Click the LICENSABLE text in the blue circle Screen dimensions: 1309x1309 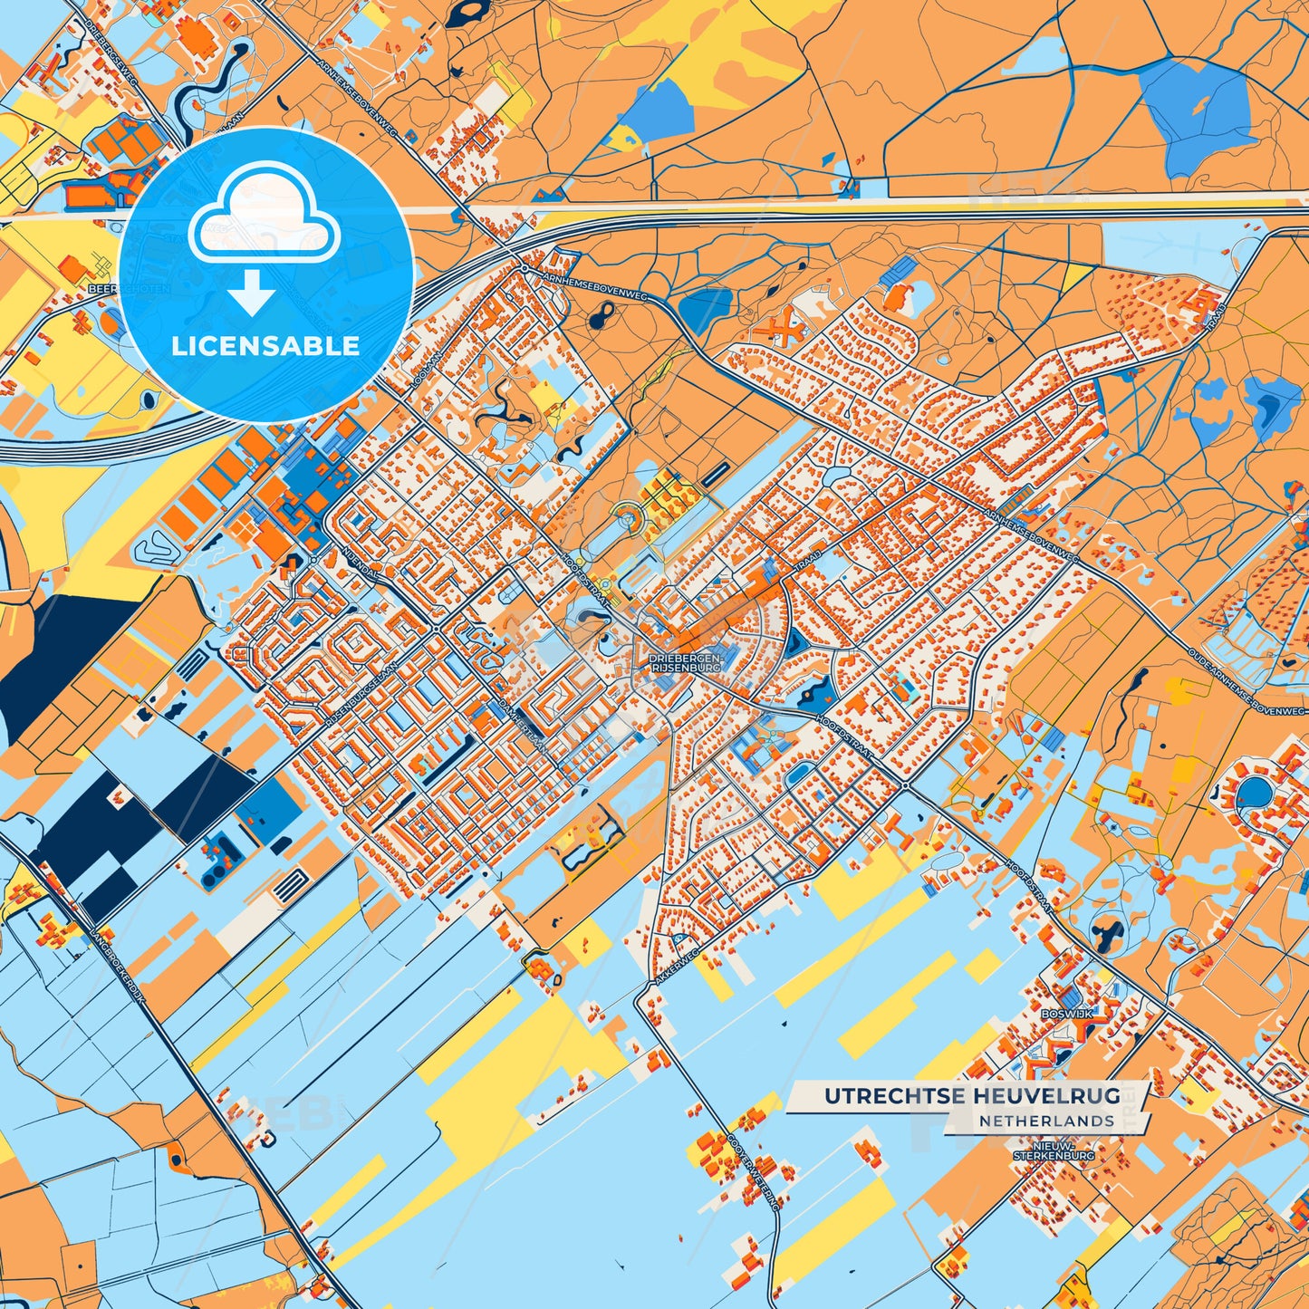(266, 346)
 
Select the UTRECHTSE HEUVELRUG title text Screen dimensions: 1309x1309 (972, 1096)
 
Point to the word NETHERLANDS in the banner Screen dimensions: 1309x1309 (1046, 1121)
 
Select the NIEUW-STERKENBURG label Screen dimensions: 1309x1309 (1054, 1150)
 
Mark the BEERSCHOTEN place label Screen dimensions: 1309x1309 (117, 287)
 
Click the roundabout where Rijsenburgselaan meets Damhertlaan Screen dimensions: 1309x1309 (436, 629)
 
